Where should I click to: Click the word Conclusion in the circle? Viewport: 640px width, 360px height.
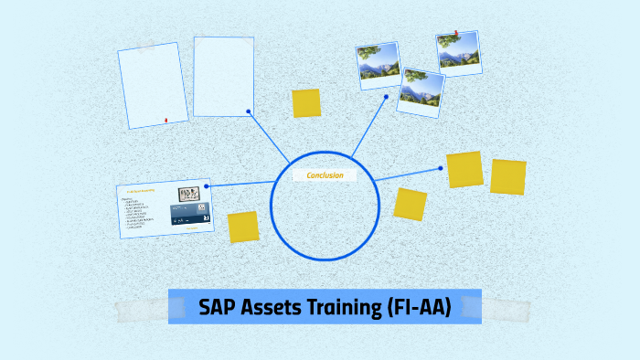[325, 175]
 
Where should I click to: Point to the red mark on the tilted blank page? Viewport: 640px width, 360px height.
[165, 120]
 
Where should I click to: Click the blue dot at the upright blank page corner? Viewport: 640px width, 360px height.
[249, 111]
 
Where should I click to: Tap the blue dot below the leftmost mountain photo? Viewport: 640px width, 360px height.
[387, 96]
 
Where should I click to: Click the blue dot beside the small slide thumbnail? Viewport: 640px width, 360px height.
[207, 186]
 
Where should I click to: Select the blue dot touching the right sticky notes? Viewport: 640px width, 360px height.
[441, 168]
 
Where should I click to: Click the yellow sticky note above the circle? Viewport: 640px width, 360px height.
[306, 103]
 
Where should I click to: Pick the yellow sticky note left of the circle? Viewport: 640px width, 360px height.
[243, 228]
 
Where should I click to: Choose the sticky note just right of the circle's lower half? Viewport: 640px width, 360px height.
[411, 204]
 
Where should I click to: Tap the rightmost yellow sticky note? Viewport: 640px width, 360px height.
[508, 176]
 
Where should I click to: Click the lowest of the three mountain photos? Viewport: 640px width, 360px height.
[421, 92]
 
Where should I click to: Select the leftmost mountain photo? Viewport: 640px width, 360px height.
[379, 65]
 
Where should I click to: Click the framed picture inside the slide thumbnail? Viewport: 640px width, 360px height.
[190, 195]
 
